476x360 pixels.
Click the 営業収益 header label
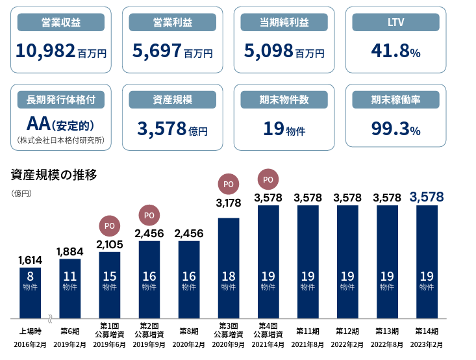point(60,22)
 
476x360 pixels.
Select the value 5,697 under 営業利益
point(157,51)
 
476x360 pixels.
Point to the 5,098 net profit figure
point(269,51)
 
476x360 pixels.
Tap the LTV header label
point(395,22)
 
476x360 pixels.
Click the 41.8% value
point(395,51)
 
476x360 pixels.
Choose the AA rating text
point(38,123)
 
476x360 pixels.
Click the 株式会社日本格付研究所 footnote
point(60,140)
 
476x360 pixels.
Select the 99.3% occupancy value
point(395,128)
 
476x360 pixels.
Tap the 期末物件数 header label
point(284,99)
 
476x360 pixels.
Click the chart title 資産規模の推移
point(54,175)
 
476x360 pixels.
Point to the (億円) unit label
point(21,194)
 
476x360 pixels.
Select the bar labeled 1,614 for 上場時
point(30,293)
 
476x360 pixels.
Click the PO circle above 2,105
point(110,225)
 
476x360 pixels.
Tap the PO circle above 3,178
point(229,184)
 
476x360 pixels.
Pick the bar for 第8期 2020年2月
point(189,279)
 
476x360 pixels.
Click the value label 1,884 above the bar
point(70,252)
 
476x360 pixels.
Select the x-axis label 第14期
point(427,331)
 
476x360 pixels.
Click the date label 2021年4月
point(268,344)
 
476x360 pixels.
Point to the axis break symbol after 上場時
point(50,318)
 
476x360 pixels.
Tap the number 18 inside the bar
point(229,276)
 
